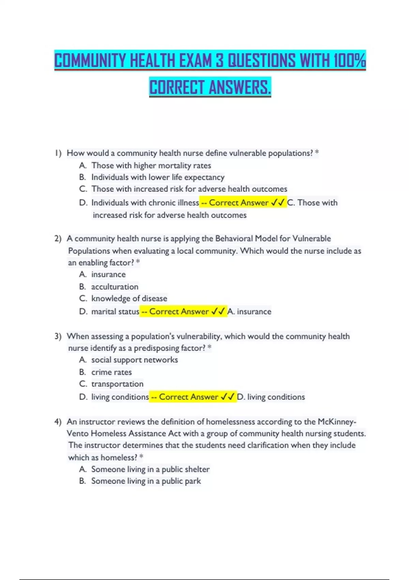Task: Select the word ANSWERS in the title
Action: coord(240,87)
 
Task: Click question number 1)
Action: coord(58,153)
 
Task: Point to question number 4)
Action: coord(58,422)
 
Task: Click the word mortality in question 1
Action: coord(175,165)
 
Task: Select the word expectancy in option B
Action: coord(204,177)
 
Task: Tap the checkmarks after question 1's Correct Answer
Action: coord(278,203)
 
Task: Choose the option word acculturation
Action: coord(115,287)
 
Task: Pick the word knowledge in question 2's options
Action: coord(111,299)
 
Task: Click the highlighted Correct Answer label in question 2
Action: coord(179,311)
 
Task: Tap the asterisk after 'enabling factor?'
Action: coord(138,262)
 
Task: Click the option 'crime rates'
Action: coord(111,372)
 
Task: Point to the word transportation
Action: coord(117,384)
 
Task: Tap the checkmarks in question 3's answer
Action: coord(228,397)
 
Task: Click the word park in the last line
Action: coord(193,481)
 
